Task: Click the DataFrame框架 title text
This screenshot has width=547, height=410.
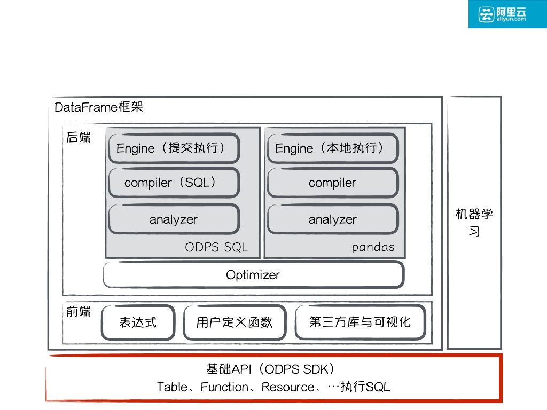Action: pos(99,107)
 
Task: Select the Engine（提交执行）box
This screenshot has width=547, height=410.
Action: pos(174,148)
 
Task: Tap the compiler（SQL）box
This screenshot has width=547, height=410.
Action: pos(174,183)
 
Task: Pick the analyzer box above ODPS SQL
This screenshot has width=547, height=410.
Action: pos(174,219)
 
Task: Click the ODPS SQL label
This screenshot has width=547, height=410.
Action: pos(216,247)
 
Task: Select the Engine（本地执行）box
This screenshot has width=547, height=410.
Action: pos(332,148)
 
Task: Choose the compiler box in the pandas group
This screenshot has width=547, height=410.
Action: pos(332,183)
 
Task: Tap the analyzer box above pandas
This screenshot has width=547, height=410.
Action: pos(332,219)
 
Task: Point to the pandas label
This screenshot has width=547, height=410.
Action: pos(373,247)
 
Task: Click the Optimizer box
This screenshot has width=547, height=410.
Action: pos(253,275)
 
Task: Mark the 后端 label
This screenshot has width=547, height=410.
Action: pos(79,138)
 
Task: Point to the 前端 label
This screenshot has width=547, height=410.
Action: pos(79,312)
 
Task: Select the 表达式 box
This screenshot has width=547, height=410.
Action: pos(138,322)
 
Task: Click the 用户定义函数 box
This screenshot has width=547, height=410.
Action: pos(235,322)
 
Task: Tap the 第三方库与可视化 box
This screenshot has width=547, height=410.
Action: pos(360,322)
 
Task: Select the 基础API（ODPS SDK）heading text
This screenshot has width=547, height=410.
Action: pos(272,369)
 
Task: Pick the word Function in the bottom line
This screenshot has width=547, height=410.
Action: pos(224,387)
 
